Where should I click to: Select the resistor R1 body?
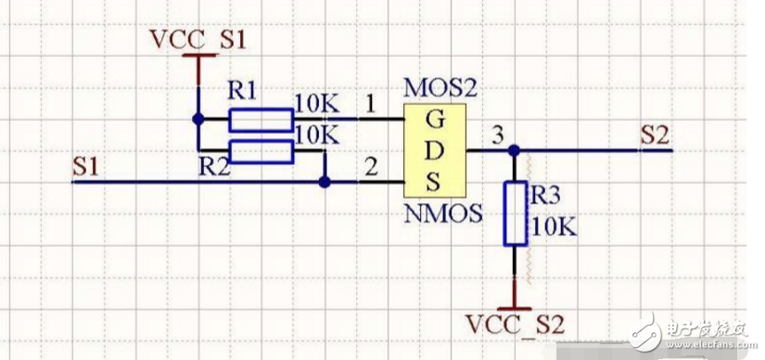(261, 120)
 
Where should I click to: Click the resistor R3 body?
(515, 213)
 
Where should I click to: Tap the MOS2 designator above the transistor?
(440, 90)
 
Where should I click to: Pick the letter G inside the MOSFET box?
(434, 120)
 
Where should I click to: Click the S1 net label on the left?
(85, 167)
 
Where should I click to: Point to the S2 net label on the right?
(654, 135)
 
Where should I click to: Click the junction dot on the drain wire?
(515, 150)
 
